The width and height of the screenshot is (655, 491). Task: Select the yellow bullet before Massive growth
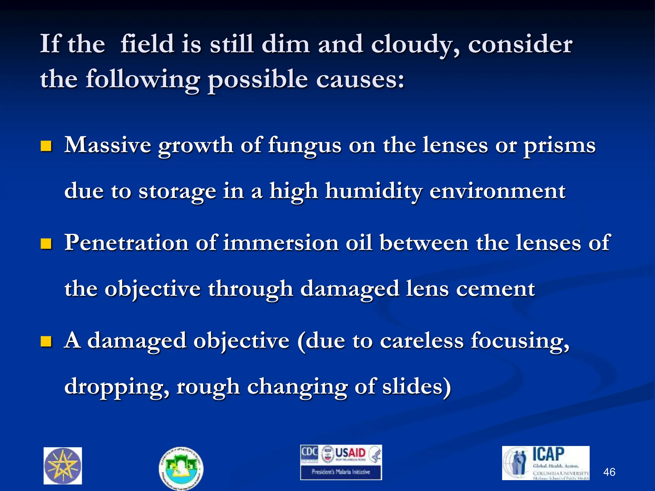[x=46, y=146]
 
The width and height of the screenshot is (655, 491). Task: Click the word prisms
[x=559, y=146]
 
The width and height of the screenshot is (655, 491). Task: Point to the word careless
[x=422, y=341]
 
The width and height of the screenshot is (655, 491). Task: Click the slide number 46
[x=609, y=472]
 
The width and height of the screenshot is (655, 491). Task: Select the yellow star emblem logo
[x=63, y=466]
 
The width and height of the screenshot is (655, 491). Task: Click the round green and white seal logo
[x=181, y=468]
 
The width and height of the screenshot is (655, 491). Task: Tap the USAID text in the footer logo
[x=350, y=453]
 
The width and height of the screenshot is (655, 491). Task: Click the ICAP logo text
[x=548, y=454]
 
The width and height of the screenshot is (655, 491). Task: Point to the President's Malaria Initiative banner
[x=341, y=472]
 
